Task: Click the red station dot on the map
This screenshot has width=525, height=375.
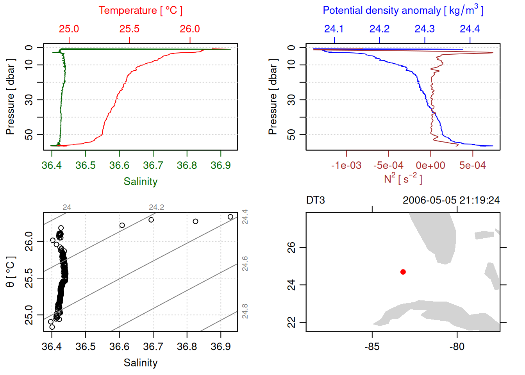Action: tap(403, 272)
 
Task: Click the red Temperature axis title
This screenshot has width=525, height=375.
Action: tap(140, 11)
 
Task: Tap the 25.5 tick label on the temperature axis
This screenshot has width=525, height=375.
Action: tap(129, 29)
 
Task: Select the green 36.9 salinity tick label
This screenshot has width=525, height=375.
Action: tap(220, 166)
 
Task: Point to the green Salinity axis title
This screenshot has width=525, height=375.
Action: tap(140, 182)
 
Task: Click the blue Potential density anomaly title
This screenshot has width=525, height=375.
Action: tap(403, 11)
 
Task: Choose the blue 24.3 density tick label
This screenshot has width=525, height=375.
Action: tap(425, 29)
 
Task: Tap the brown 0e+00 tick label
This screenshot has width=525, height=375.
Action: tap(430, 166)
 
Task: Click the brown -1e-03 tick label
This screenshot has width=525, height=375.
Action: tap(346, 166)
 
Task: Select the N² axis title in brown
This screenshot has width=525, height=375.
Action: tap(403, 179)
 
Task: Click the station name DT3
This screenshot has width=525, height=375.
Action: tap(316, 200)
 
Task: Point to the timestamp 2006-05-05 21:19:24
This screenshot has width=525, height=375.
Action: tap(451, 200)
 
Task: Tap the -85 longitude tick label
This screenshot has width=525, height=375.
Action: tap(372, 347)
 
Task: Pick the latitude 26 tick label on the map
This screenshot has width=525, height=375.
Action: tap(291, 247)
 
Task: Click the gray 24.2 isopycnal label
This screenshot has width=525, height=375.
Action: tap(156, 207)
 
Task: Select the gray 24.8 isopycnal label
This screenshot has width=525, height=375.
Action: tap(245, 311)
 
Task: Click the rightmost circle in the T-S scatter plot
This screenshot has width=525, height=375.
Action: tap(230, 217)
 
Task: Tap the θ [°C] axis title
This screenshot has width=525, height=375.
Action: tap(11, 272)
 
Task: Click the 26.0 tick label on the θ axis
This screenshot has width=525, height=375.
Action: tap(29, 241)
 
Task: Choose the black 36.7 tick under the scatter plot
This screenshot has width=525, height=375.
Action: tap(153, 347)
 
